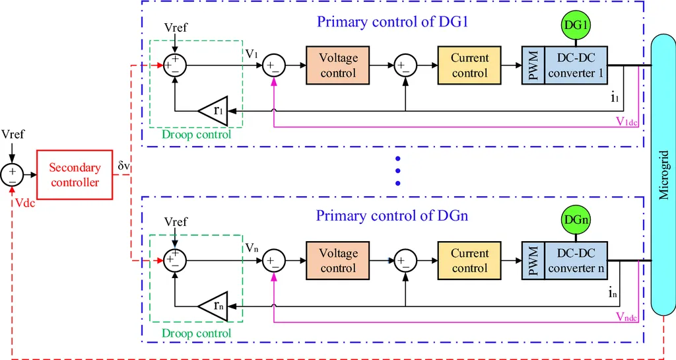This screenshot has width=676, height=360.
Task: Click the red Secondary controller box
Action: [x=75, y=175]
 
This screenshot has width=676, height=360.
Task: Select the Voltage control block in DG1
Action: [x=338, y=65]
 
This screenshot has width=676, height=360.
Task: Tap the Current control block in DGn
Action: [x=469, y=261]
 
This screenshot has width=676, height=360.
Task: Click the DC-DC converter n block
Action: [x=576, y=261]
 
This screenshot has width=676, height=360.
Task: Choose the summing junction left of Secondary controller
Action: [x=12, y=174]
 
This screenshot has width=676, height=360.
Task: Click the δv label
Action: [x=123, y=166]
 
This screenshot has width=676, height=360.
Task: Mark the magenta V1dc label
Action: [x=626, y=121]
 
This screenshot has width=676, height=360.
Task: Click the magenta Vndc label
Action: [x=626, y=316]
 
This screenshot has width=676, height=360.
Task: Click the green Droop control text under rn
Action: [x=197, y=333]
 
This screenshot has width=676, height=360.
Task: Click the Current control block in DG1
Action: [x=469, y=65]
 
